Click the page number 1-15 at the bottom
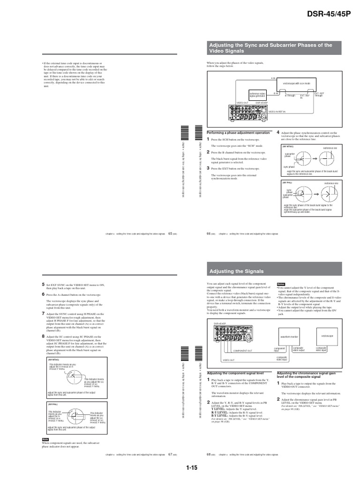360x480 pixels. point(192,467)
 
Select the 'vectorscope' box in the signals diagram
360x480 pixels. point(328,336)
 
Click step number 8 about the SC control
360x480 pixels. point(43,336)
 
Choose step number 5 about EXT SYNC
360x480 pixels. point(43,284)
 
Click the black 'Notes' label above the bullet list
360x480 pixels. point(281,285)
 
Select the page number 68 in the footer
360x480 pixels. point(209,454)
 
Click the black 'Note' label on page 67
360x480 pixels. point(45,439)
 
